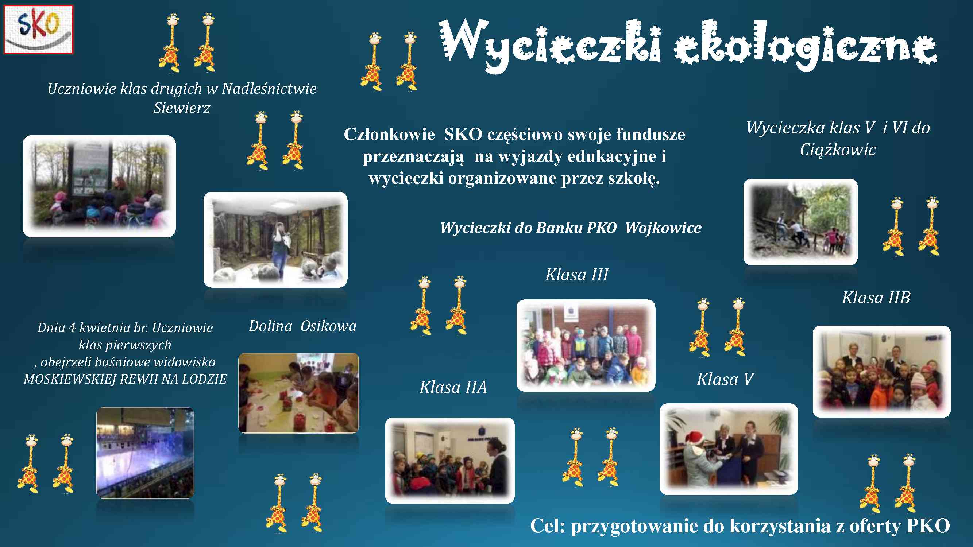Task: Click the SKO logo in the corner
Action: [38, 30]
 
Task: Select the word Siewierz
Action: [182, 108]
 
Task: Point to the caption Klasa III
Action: [577, 275]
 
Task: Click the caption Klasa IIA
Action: [453, 387]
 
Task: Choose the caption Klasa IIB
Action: [876, 298]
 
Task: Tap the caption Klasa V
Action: [725, 379]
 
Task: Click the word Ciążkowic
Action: [838, 150]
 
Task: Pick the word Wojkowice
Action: [663, 228]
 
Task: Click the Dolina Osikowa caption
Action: [302, 326]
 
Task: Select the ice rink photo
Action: [146, 453]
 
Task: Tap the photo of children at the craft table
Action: [299, 393]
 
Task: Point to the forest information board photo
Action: [99, 186]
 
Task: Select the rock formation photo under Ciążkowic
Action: [800, 222]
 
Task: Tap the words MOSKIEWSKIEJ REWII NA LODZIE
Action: [126, 379]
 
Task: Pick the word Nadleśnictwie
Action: [269, 89]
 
